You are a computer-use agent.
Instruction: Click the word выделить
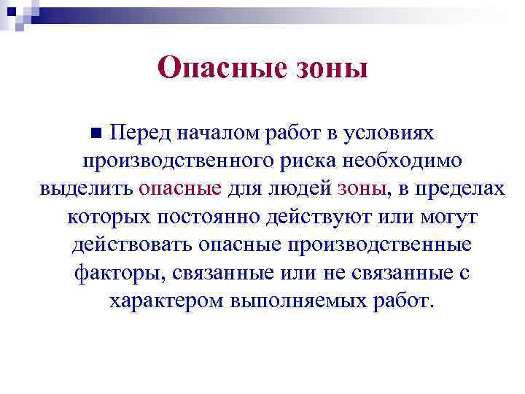tap(86, 189)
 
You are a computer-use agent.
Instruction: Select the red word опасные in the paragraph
tap(180, 189)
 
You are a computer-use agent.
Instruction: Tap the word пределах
tap(457, 189)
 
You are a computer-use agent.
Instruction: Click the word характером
tap(166, 301)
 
